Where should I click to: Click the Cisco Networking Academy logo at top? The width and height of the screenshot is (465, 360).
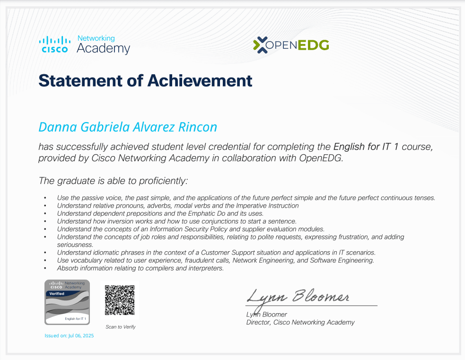pos(84,44)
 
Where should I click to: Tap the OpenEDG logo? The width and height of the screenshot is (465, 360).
pos(291,45)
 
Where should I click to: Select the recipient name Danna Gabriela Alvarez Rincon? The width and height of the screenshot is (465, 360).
pos(128,127)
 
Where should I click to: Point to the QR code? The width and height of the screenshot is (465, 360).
pos(120,300)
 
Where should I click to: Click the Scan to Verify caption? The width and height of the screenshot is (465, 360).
pos(121,327)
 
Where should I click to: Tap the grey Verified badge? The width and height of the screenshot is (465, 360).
pos(67,302)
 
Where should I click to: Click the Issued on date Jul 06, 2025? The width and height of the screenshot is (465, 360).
pos(70,335)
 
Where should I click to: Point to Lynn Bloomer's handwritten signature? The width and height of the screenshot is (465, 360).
pos(298,297)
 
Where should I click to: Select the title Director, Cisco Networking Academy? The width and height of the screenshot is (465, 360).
pos(300,322)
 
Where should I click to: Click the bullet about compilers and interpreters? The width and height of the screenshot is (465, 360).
pos(140,268)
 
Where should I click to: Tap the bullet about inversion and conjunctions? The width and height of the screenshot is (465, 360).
pos(176,221)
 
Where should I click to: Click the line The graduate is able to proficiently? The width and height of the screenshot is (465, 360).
pos(113,180)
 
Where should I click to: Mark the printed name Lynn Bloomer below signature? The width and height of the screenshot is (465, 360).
pos(266,315)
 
